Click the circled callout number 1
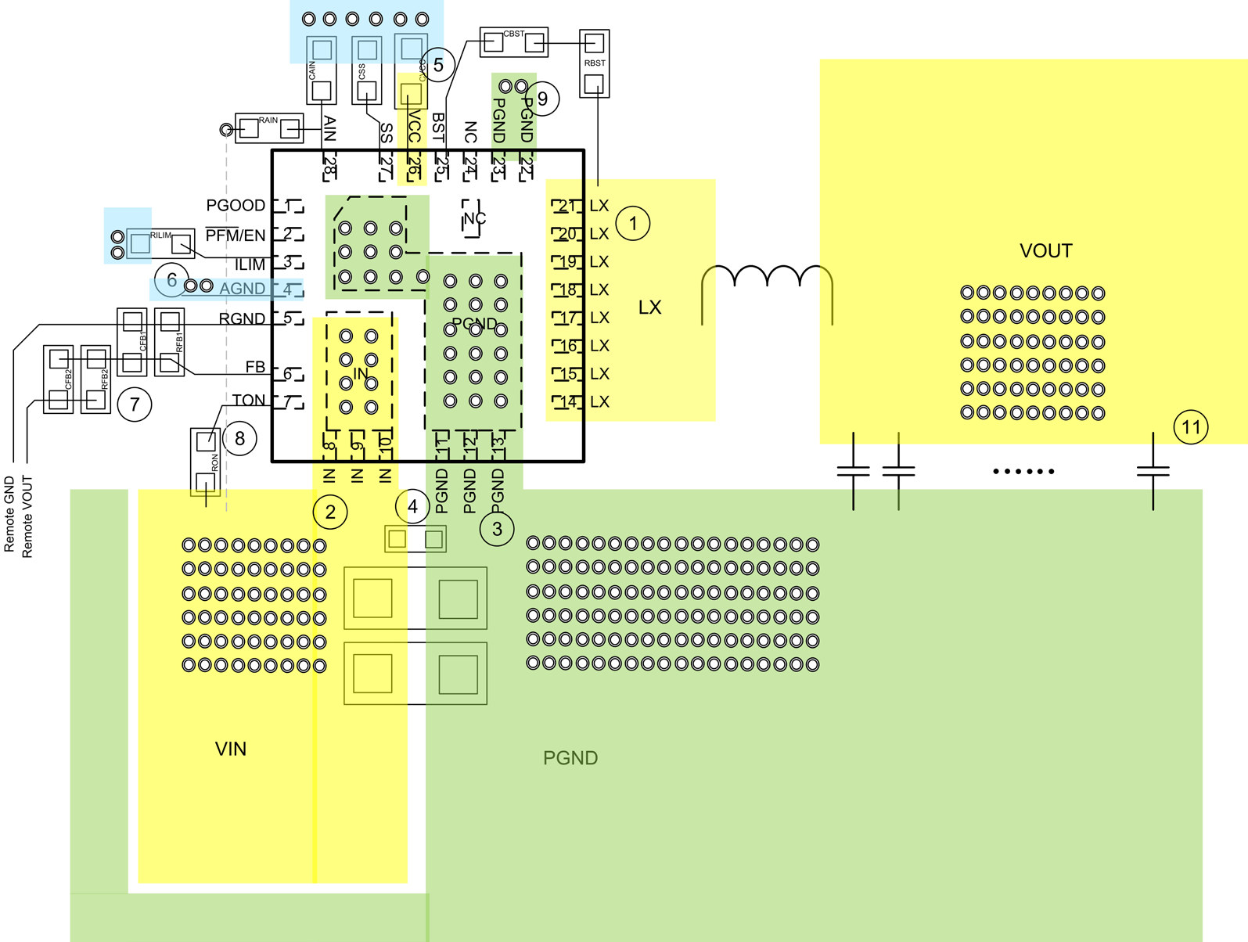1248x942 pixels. pos(633,224)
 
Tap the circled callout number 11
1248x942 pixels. pos(1191,427)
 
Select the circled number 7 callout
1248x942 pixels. pos(135,404)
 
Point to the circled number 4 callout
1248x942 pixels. pos(412,506)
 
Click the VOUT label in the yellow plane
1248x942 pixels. pos(1045,251)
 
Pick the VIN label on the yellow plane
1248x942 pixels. pos(231,749)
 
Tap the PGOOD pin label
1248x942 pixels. pos(236,206)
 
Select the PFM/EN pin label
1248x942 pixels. pos(236,235)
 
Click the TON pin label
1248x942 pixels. pos(249,401)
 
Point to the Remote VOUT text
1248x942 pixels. pos(27,516)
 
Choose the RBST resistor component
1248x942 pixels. pos(595,63)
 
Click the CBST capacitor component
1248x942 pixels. pos(514,42)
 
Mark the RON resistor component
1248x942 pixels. pos(206,462)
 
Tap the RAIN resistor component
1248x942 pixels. pos(269,128)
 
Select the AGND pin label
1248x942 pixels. pos(242,289)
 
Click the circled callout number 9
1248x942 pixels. pos(542,99)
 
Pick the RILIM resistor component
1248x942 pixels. pos(161,243)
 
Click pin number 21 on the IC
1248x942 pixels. pos(566,206)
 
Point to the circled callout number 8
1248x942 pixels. pos(239,439)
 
